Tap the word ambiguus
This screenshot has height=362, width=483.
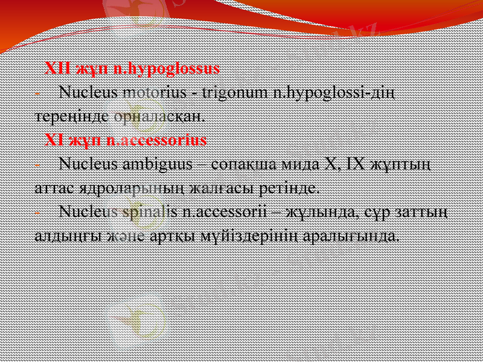pyautogui.click(x=158, y=164)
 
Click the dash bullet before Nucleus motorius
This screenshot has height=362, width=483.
pyautogui.click(x=38, y=94)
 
